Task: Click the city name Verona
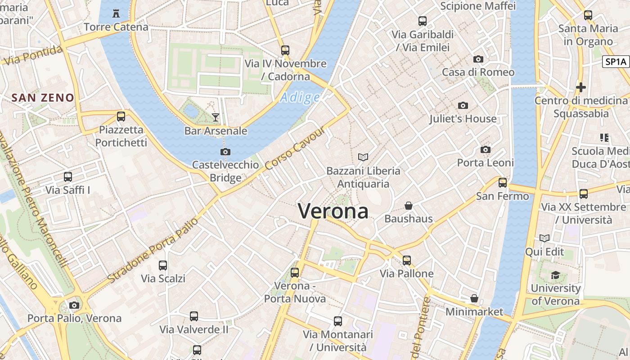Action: click(333, 211)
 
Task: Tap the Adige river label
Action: click(300, 97)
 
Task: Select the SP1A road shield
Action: click(616, 62)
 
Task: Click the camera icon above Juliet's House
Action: click(463, 106)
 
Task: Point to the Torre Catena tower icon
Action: click(116, 13)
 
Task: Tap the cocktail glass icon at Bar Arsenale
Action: click(216, 117)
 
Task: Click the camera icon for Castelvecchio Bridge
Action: click(225, 152)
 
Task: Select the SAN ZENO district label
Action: click(43, 97)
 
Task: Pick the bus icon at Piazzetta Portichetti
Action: click(121, 117)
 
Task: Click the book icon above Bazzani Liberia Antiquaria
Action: click(363, 157)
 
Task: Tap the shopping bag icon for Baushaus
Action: click(409, 206)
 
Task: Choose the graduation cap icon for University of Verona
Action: click(555, 275)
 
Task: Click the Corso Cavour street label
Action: click(295, 148)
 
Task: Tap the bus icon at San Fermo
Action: click(502, 183)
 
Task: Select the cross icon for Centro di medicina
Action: click(581, 87)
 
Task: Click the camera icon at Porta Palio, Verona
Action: click(74, 305)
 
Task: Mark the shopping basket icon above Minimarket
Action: click(474, 298)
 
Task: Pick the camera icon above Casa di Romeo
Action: click(478, 59)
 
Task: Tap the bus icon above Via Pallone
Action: click(407, 260)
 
